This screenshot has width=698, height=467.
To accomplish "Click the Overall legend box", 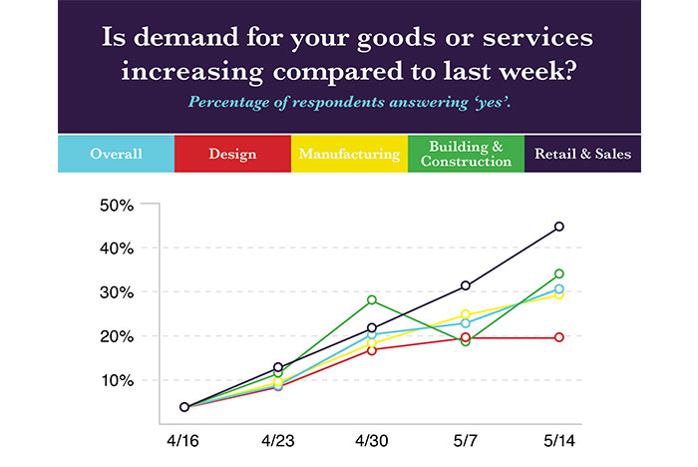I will (116, 154).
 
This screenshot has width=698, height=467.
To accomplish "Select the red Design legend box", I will (232, 154).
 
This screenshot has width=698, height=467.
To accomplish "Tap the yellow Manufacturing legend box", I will (349, 154).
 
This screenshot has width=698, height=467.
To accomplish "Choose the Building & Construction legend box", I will (465, 154).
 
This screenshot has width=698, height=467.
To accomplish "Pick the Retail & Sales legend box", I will (582, 154).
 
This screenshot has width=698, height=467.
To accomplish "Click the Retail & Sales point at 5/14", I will (559, 227).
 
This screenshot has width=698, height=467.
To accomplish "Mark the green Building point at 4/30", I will (372, 299).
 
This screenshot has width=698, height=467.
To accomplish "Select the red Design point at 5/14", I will (559, 337).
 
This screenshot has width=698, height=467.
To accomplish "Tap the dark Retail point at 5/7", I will (466, 285).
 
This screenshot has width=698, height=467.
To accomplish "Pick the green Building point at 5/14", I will (559, 273).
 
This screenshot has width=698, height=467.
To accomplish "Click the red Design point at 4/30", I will (372, 349).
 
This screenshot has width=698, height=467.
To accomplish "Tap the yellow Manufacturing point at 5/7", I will (466, 314).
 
